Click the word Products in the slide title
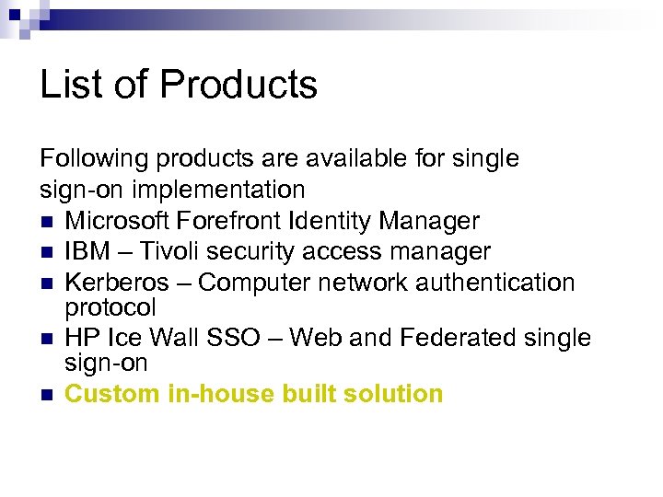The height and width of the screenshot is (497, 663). [238, 85]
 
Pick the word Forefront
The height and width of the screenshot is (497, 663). [235, 221]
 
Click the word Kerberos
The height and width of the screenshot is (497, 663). [117, 282]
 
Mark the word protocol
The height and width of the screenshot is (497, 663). [110, 306]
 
